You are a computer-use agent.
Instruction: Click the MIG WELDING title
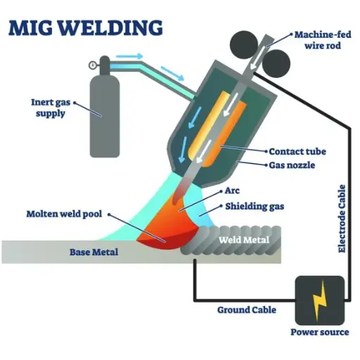point(86,28)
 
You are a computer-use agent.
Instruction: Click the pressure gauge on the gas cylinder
point(92,65)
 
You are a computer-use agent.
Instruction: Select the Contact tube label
point(297,151)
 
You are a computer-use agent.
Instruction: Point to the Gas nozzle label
point(292,165)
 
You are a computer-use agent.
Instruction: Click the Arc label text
point(232,191)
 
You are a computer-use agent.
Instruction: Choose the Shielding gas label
point(255,207)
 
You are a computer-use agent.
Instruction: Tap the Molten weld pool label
point(64,214)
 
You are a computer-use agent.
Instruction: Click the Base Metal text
point(94,252)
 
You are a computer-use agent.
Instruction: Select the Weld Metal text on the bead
point(244,240)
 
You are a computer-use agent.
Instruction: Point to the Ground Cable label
point(247,310)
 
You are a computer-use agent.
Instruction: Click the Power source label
point(320,332)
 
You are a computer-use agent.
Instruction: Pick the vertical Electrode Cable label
point(342,219)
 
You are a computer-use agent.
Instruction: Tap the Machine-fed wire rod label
point(323,40)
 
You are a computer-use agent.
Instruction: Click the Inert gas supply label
point(51,108)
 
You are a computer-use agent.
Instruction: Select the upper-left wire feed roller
point(243,44)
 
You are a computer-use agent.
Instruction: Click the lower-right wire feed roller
point(276,63)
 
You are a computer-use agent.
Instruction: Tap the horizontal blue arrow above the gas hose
point(129,56)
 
